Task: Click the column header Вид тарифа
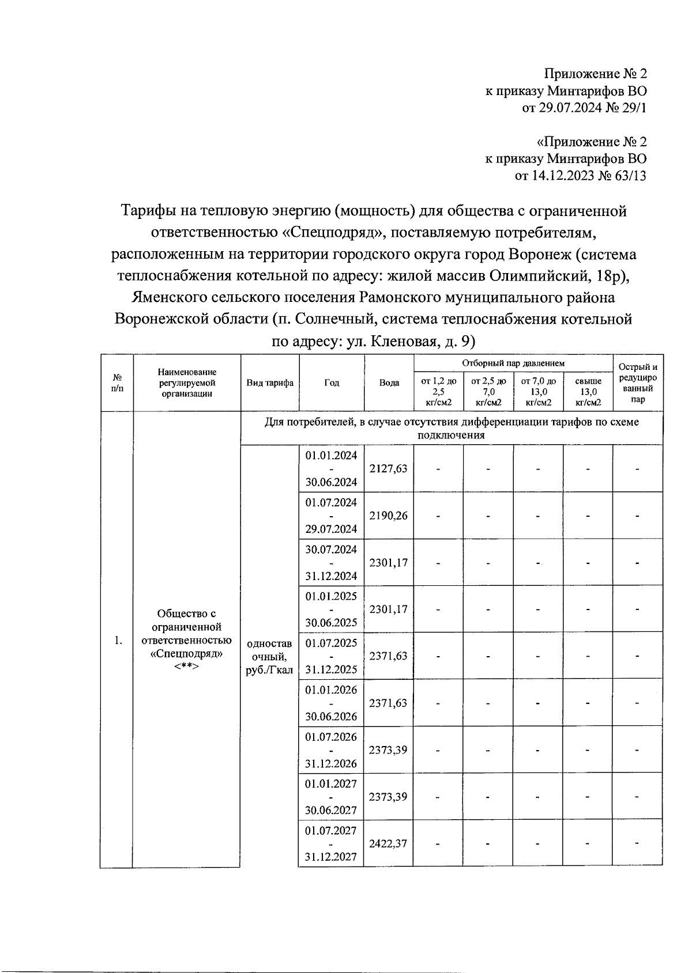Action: click(270, 383)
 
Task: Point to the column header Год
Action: click(332, 383)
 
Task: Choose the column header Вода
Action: click(389, 383)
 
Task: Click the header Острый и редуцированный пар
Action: click(638, 383)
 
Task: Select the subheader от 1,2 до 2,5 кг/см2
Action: click(439, 392)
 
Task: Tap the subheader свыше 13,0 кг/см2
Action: click(588, 392)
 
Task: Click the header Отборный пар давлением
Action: click(513, 363)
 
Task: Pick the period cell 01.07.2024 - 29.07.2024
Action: click(332, 516)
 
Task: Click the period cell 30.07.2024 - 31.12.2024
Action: click(332, 562)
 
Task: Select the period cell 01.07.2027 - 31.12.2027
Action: click(332, 843)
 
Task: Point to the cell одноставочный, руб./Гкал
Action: click(269, 657)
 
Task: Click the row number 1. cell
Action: click(118, 641)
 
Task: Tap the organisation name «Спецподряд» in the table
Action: click(186, 654)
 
